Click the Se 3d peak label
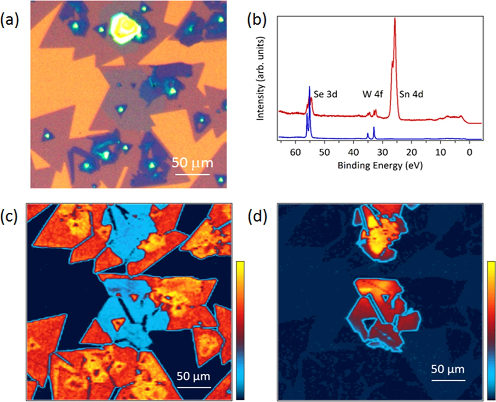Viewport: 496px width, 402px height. [325, 94]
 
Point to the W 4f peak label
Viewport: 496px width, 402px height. [372, 94]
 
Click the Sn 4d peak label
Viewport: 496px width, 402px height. [411, 94]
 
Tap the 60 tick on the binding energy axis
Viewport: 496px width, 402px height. [295, 152]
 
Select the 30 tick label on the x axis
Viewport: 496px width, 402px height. [382, 152]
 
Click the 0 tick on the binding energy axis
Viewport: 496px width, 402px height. [470, 152]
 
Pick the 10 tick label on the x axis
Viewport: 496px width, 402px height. [441, 152]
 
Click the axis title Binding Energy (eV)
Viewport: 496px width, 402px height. [380, 165]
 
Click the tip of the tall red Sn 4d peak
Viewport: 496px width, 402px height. [395, 18]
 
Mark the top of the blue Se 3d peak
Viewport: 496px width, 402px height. [309, 87]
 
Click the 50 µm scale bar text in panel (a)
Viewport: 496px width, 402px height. [192, 163]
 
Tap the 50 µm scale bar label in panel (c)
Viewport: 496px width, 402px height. [194, 376]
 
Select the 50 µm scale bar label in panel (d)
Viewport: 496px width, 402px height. [448, 369]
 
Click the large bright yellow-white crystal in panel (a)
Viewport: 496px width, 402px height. [124, 27]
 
